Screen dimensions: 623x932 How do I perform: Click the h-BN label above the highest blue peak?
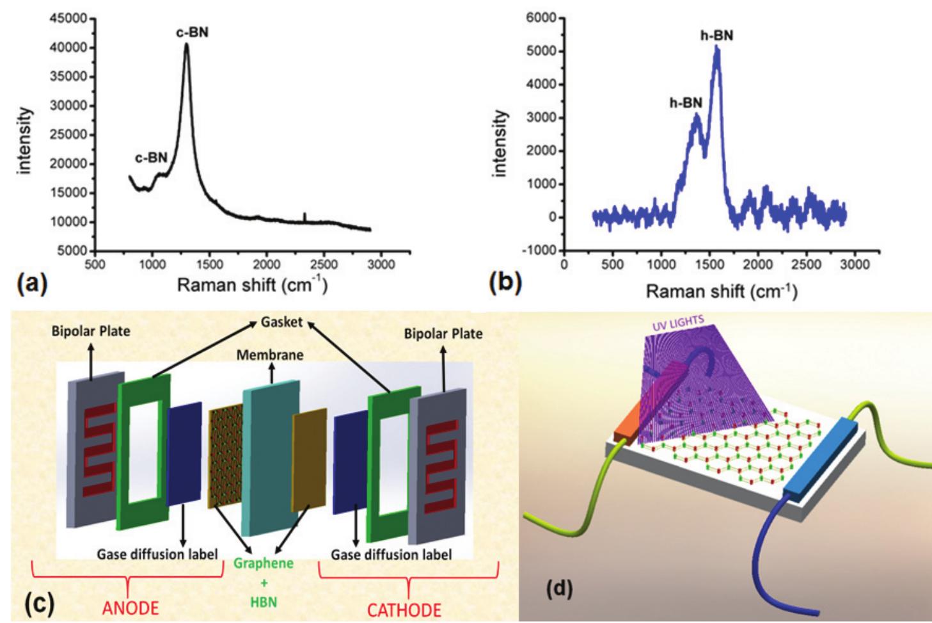coord(716,36)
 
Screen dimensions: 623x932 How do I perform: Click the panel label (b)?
coord(504,282)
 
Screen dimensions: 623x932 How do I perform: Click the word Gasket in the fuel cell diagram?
coord(281,321)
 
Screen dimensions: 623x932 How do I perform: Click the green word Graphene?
coord(263,563)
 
